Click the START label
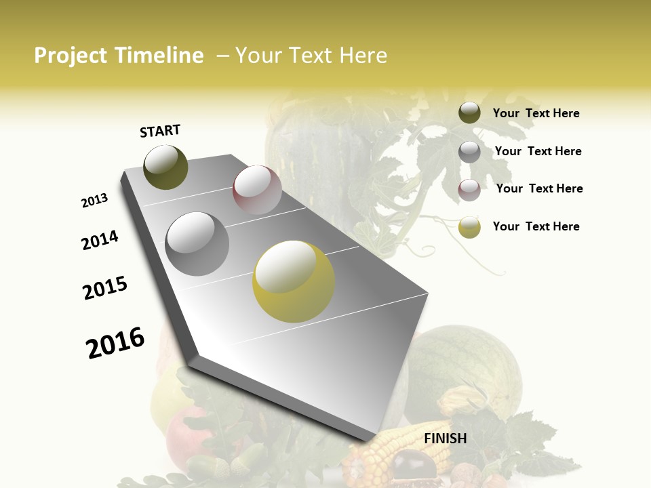(160, 131)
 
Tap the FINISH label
(445, 439)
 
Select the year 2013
(94, 201)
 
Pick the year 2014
(100, 241)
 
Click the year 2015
(105, 288)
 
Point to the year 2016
(115, 343)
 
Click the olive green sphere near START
(166, 167)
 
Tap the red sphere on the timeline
(257, 190)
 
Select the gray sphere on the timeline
(197, 243)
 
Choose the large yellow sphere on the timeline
(294, 281)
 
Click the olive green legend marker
(469, 113)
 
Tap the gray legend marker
(469, 151)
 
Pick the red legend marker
(469, 189)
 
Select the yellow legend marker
(469, 227)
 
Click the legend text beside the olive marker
(536, 113)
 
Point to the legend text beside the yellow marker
(536, 226)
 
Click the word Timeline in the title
(159, 56)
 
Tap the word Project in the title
(70, 56)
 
